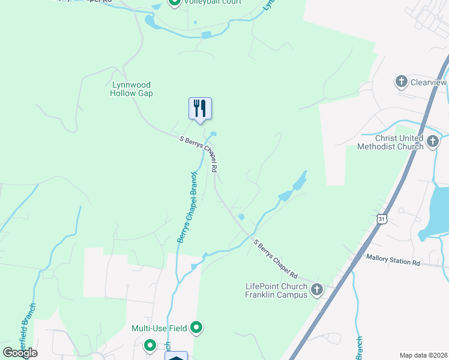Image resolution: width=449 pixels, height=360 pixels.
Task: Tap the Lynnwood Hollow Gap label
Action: (132, 89)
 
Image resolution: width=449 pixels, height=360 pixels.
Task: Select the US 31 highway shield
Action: (382, 220)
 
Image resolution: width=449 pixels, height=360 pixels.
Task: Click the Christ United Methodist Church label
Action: (390, 142)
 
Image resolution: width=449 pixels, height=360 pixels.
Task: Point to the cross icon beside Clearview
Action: (401, 81)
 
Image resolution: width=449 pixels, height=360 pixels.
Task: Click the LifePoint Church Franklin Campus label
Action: (276, 290)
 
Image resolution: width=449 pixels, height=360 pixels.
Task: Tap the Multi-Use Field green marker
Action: (196, 328)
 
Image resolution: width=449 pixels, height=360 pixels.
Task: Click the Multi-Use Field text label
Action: (159, 328)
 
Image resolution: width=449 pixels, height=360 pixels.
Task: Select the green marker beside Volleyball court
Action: (175, 2)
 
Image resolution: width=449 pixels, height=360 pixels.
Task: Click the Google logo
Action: (20, 352)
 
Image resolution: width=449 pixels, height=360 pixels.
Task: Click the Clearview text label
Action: (429, 81)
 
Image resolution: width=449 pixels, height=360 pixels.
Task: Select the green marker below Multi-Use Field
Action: (149, 345)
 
